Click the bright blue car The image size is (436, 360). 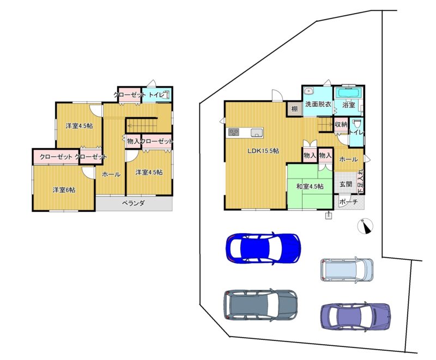263,248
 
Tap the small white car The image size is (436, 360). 347,270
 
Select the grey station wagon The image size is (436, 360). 261,305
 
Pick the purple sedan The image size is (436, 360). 355,316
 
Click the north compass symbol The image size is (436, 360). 365,226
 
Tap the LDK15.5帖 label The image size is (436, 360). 263,151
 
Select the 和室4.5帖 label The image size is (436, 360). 310,186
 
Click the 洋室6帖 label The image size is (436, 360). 64,190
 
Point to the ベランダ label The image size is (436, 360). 134,203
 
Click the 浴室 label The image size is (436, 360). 349,105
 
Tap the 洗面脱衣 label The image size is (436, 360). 318,105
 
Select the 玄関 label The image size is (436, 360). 346,184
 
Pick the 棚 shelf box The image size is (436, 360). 294,108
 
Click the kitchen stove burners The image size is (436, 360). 234,132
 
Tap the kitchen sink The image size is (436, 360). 257,133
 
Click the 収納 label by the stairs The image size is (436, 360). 341,124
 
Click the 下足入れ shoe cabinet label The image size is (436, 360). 360,181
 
